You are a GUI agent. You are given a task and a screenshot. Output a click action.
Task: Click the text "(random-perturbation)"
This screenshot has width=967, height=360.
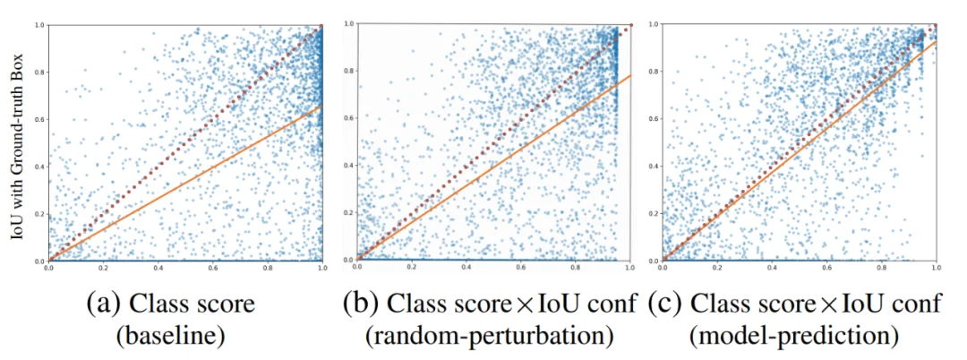[x=490, y=337]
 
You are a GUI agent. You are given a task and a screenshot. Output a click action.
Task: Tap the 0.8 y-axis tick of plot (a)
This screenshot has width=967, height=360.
[x=39, y=72]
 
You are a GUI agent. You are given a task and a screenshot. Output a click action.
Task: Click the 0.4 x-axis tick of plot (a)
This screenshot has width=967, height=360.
[x=158, y=267]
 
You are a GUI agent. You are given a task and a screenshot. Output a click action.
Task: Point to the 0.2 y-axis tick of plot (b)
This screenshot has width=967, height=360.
[x=347, y=214]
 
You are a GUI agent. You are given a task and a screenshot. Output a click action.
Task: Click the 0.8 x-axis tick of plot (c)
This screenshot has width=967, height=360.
[x=882, y=267]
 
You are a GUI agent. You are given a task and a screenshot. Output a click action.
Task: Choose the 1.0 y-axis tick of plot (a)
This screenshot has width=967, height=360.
[x=39, y=25]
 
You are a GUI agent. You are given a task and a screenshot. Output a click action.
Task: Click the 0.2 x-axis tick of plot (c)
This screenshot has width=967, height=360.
[x=717, y=267]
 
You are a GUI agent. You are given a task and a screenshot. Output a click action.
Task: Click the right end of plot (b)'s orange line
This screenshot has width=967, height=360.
[x=631, y=76]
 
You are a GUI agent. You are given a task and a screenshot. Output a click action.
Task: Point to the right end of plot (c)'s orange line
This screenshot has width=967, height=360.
[x=937, y=40]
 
